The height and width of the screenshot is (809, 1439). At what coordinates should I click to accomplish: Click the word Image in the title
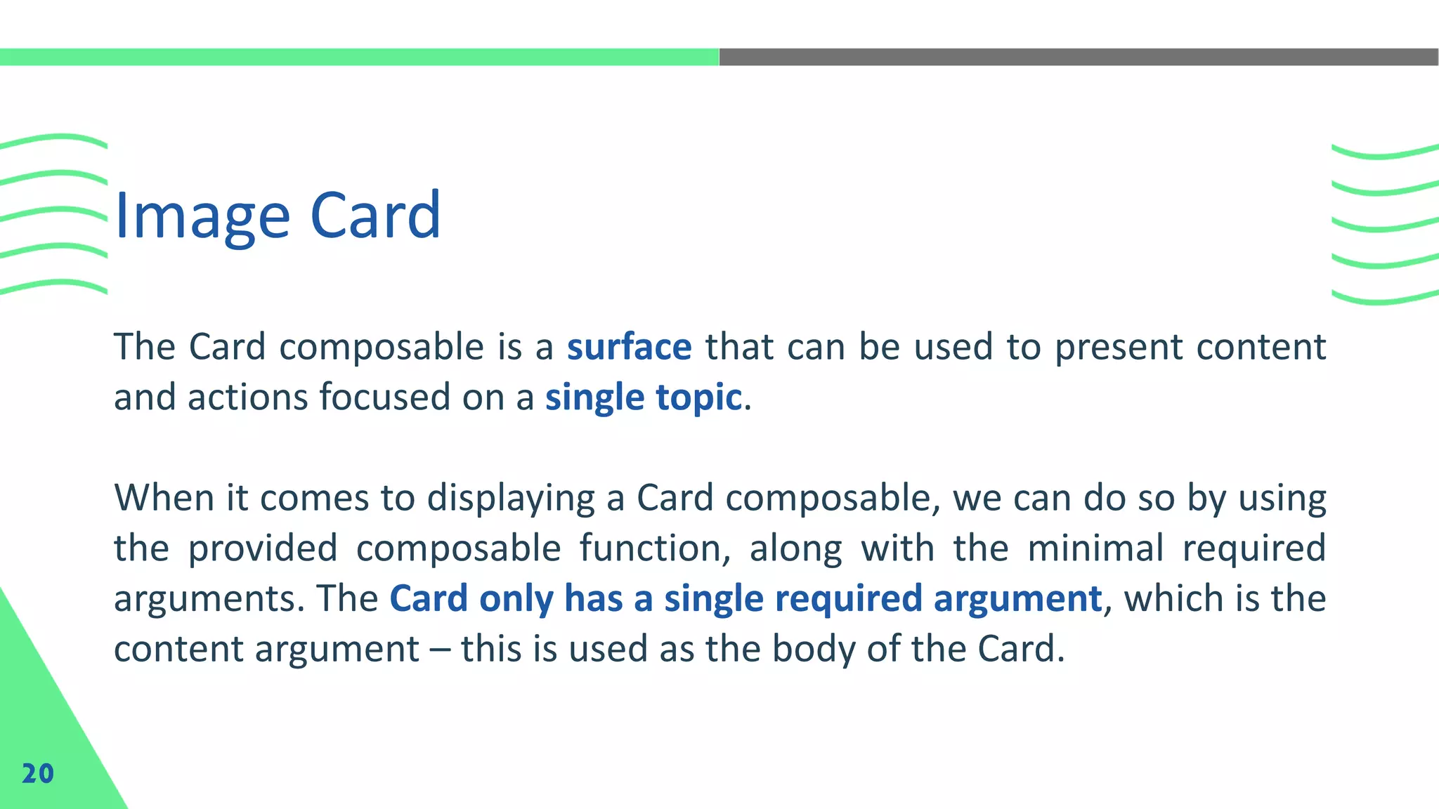202,216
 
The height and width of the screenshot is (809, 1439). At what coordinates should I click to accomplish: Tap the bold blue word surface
629,347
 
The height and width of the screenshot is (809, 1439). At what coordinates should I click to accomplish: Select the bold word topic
698,397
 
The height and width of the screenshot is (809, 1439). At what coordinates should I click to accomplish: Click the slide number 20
37,773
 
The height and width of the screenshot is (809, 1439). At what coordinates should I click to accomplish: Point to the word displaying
511,499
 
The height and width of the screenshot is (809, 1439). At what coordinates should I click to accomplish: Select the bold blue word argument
1017,599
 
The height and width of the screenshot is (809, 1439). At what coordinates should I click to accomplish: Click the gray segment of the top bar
1079,57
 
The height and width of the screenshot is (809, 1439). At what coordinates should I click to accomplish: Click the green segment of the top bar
358,57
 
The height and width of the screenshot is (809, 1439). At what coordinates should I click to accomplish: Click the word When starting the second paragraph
164,498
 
